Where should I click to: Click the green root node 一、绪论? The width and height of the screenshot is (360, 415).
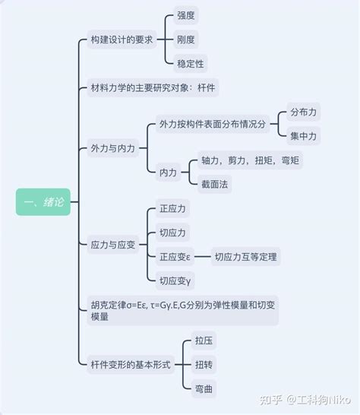[43, 201]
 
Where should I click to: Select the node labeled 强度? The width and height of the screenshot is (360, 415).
[186, 15]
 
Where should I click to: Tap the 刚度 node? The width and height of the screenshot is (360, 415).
[186, 40]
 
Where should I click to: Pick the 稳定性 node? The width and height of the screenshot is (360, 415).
[191, 64]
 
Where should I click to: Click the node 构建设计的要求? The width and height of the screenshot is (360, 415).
[122, 40]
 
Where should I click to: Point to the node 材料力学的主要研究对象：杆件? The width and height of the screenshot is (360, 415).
[153, 87]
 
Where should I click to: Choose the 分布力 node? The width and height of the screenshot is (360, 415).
[304, 112]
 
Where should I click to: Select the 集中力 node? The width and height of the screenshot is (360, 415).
[304, 136]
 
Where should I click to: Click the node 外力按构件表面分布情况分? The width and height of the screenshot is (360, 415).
[213, 124]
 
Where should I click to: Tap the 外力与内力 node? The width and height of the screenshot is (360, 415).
[113, 148]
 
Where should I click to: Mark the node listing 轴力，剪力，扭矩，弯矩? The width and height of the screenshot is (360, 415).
[250, 160]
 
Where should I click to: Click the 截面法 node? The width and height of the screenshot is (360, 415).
[215, 184]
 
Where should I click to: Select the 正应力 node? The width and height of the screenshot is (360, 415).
[172, 208]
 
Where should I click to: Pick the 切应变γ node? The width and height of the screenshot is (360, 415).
[175, 280]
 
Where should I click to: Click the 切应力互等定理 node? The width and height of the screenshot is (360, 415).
[246, 256]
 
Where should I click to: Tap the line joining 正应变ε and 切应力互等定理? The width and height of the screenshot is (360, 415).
[203, 256]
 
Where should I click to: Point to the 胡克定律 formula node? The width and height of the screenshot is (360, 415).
[183, 310]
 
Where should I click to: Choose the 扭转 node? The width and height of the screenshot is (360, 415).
[204, 365]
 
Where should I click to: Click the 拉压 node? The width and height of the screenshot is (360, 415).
[204, 341]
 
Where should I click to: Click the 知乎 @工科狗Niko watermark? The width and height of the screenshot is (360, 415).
[305, 400]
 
